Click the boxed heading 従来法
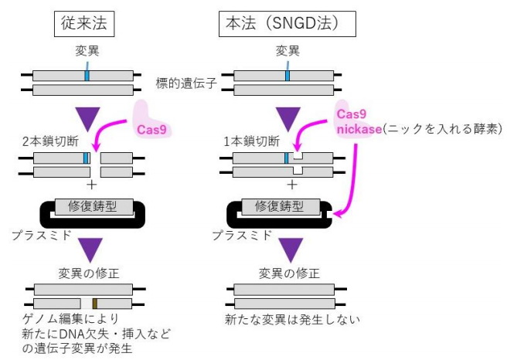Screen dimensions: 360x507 [87, 24]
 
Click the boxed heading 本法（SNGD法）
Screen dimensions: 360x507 [287, 24]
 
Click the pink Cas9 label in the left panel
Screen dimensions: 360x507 [151, 129]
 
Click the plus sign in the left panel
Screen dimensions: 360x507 [92, 185]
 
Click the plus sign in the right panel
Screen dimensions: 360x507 [292, 185]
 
